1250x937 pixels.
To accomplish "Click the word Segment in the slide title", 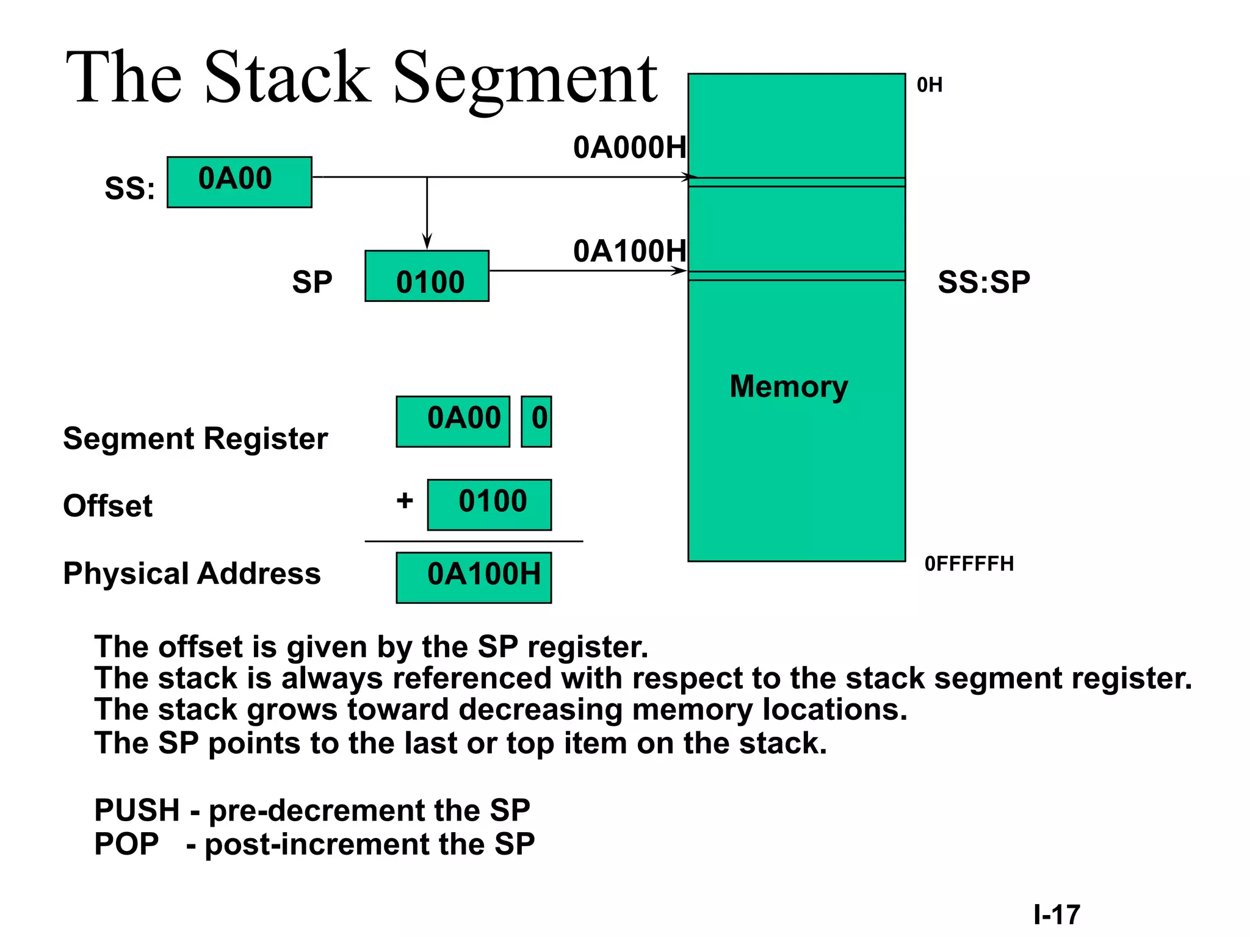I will [525, 78].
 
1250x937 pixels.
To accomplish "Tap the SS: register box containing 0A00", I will [239, 182].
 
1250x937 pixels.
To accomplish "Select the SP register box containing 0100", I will [427, 276].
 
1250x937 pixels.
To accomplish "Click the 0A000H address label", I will [629, 148].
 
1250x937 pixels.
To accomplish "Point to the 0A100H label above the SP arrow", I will [629, 251].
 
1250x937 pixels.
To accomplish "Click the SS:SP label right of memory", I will [984, 282].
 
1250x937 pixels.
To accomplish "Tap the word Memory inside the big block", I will [789, 387].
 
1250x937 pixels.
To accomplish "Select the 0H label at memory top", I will [930, 85].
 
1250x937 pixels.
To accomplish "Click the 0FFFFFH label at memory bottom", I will [969, 564].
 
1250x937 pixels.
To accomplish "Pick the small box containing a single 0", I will [536, 422].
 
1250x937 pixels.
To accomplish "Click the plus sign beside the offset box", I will [405, 501].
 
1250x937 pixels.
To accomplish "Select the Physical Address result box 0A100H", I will [474, 578].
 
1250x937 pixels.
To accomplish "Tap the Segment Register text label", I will [195, 439].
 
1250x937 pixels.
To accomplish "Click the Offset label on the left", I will [107, 506].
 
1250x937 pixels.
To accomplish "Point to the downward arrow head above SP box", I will [427, 242].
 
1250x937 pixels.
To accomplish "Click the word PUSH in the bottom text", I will [137, 811].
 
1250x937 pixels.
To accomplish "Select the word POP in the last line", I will [126, 844].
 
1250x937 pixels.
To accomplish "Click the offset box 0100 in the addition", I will [490, 504].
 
